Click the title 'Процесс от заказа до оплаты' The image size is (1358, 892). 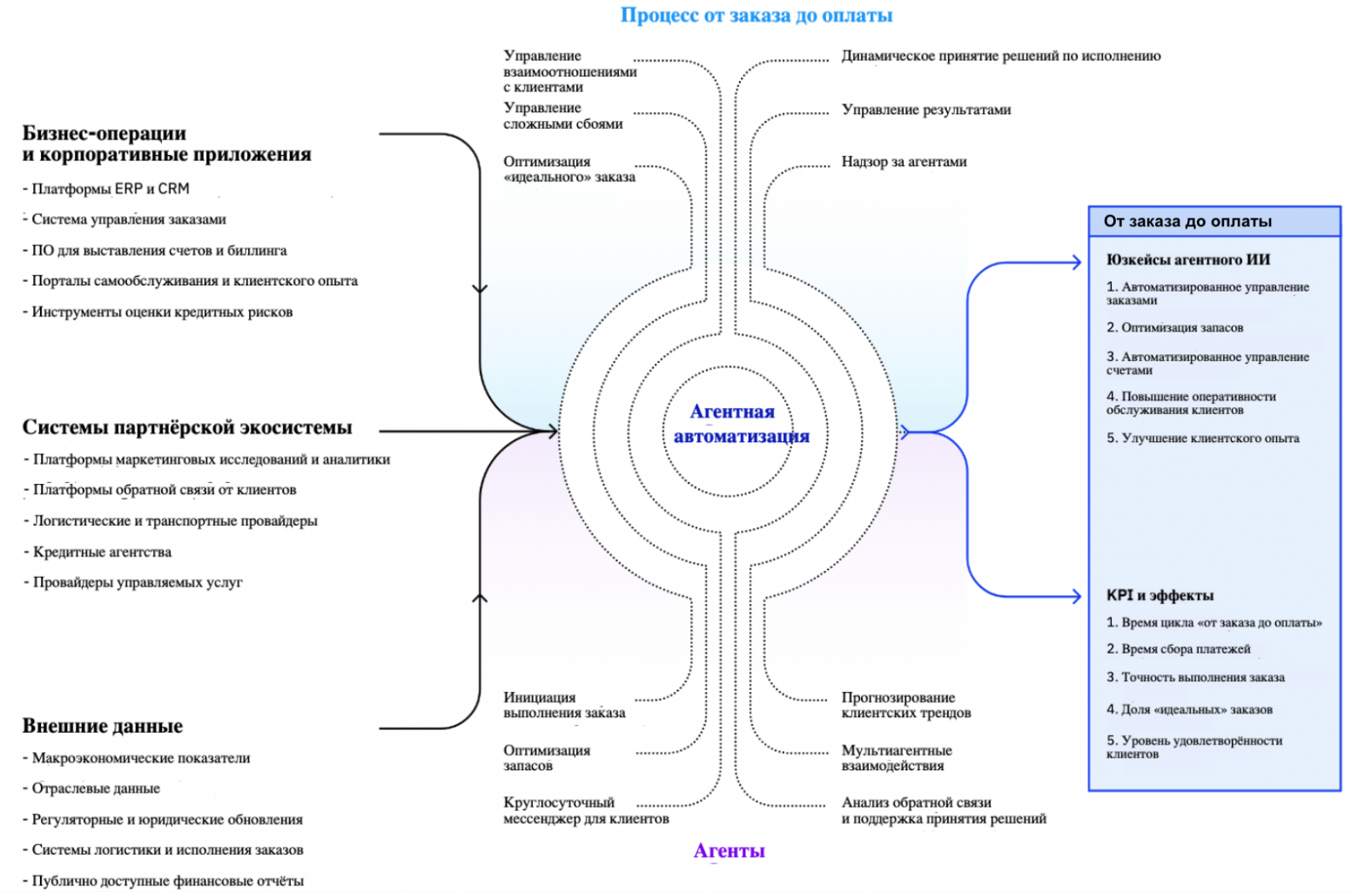[x=756, y=15]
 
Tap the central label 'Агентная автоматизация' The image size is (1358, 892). [x=740, y=424]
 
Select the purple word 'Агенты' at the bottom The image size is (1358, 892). [x=729, y=851]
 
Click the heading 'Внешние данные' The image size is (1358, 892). [x=103, y=726]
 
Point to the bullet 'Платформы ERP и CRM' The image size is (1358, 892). [x=110, y=189]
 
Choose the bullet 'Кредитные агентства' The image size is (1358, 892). [x=102, y=552]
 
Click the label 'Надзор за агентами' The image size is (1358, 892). [x=904, y=162]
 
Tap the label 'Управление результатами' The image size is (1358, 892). [x=925, y=110]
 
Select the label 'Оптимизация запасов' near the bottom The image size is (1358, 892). [x=546, y=758]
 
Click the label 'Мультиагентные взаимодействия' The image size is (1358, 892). [x=896, y=758]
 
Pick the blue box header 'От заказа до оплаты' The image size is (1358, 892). [x=1187, y=221]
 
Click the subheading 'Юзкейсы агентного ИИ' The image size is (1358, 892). [x=1187, y=259]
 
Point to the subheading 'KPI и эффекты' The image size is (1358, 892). [x=1160, y=595]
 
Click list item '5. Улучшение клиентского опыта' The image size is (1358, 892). [x=1202, y=439]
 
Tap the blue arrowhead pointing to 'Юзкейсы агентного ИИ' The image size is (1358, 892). [x=1077, y=262]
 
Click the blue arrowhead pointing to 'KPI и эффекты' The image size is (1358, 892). [x=1077, y=596]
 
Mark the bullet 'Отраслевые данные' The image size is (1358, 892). [x=96, y=788]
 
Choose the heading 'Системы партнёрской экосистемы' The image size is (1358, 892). [x=187, y=427]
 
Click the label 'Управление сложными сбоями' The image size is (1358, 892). [x=562, y=116]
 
